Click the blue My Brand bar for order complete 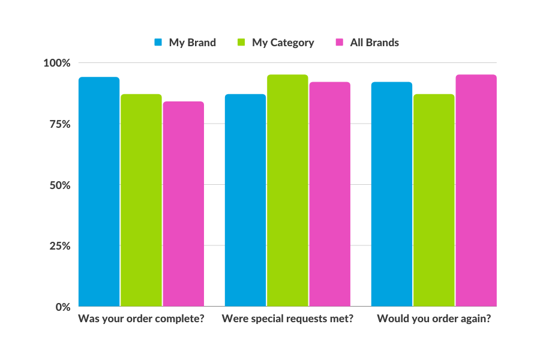click(x=99, y=192)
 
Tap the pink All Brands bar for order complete click(x=183, y=204)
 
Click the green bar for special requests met click(x=287, y=191)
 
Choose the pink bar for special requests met click(x=329, y=194)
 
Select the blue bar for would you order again click(x=392, y=194)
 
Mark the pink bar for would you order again click(x=476, y=191)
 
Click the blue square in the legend click(x=158, y=43)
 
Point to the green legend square click(x=242, y=43)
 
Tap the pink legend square click(x=340, y=43)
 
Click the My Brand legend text click(x=192, y=43)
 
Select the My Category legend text click(x=283, y=43)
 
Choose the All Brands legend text click(x=374, y=43)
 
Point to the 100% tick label click(x=57, y=63)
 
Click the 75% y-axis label click(x=59, y=124)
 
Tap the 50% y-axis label click(x=59, y=185)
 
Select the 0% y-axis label click(x=63, y=307)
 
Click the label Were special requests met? click(x=287, y=319)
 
